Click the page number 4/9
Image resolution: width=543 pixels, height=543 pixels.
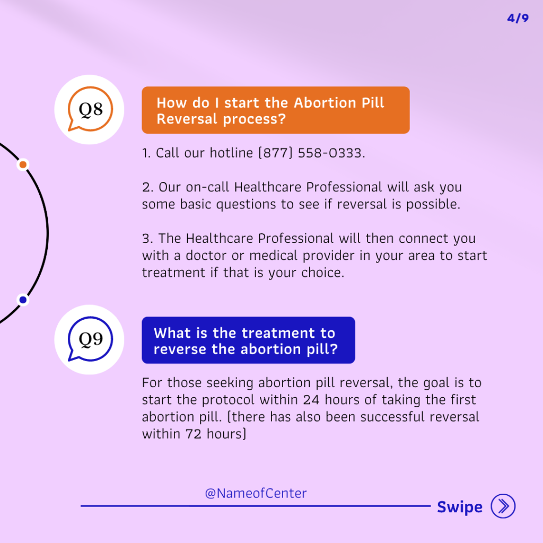[518, 18]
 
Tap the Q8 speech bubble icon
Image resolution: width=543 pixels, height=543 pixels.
[90, 109]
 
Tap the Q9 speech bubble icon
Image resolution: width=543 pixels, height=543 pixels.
[90, 339]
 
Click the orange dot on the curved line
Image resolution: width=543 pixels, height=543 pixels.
[23, 164]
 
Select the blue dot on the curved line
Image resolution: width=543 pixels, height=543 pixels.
[23, 300]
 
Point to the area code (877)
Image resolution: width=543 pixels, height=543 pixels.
[276, 153]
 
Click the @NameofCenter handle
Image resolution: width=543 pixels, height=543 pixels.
[256, 493]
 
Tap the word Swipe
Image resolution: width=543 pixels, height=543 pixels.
[460, 507]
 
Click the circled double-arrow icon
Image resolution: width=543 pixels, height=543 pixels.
[503, 506]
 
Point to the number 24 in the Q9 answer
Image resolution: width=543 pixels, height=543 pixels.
[311, 400]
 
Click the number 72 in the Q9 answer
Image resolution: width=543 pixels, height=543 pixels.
[194, 434]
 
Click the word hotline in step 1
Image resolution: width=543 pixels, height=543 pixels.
[231, 153]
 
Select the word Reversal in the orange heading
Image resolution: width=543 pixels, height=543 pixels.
[187, 119]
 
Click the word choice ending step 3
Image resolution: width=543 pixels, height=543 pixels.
[323, 273]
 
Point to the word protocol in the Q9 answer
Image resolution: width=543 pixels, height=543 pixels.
[228, 400]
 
